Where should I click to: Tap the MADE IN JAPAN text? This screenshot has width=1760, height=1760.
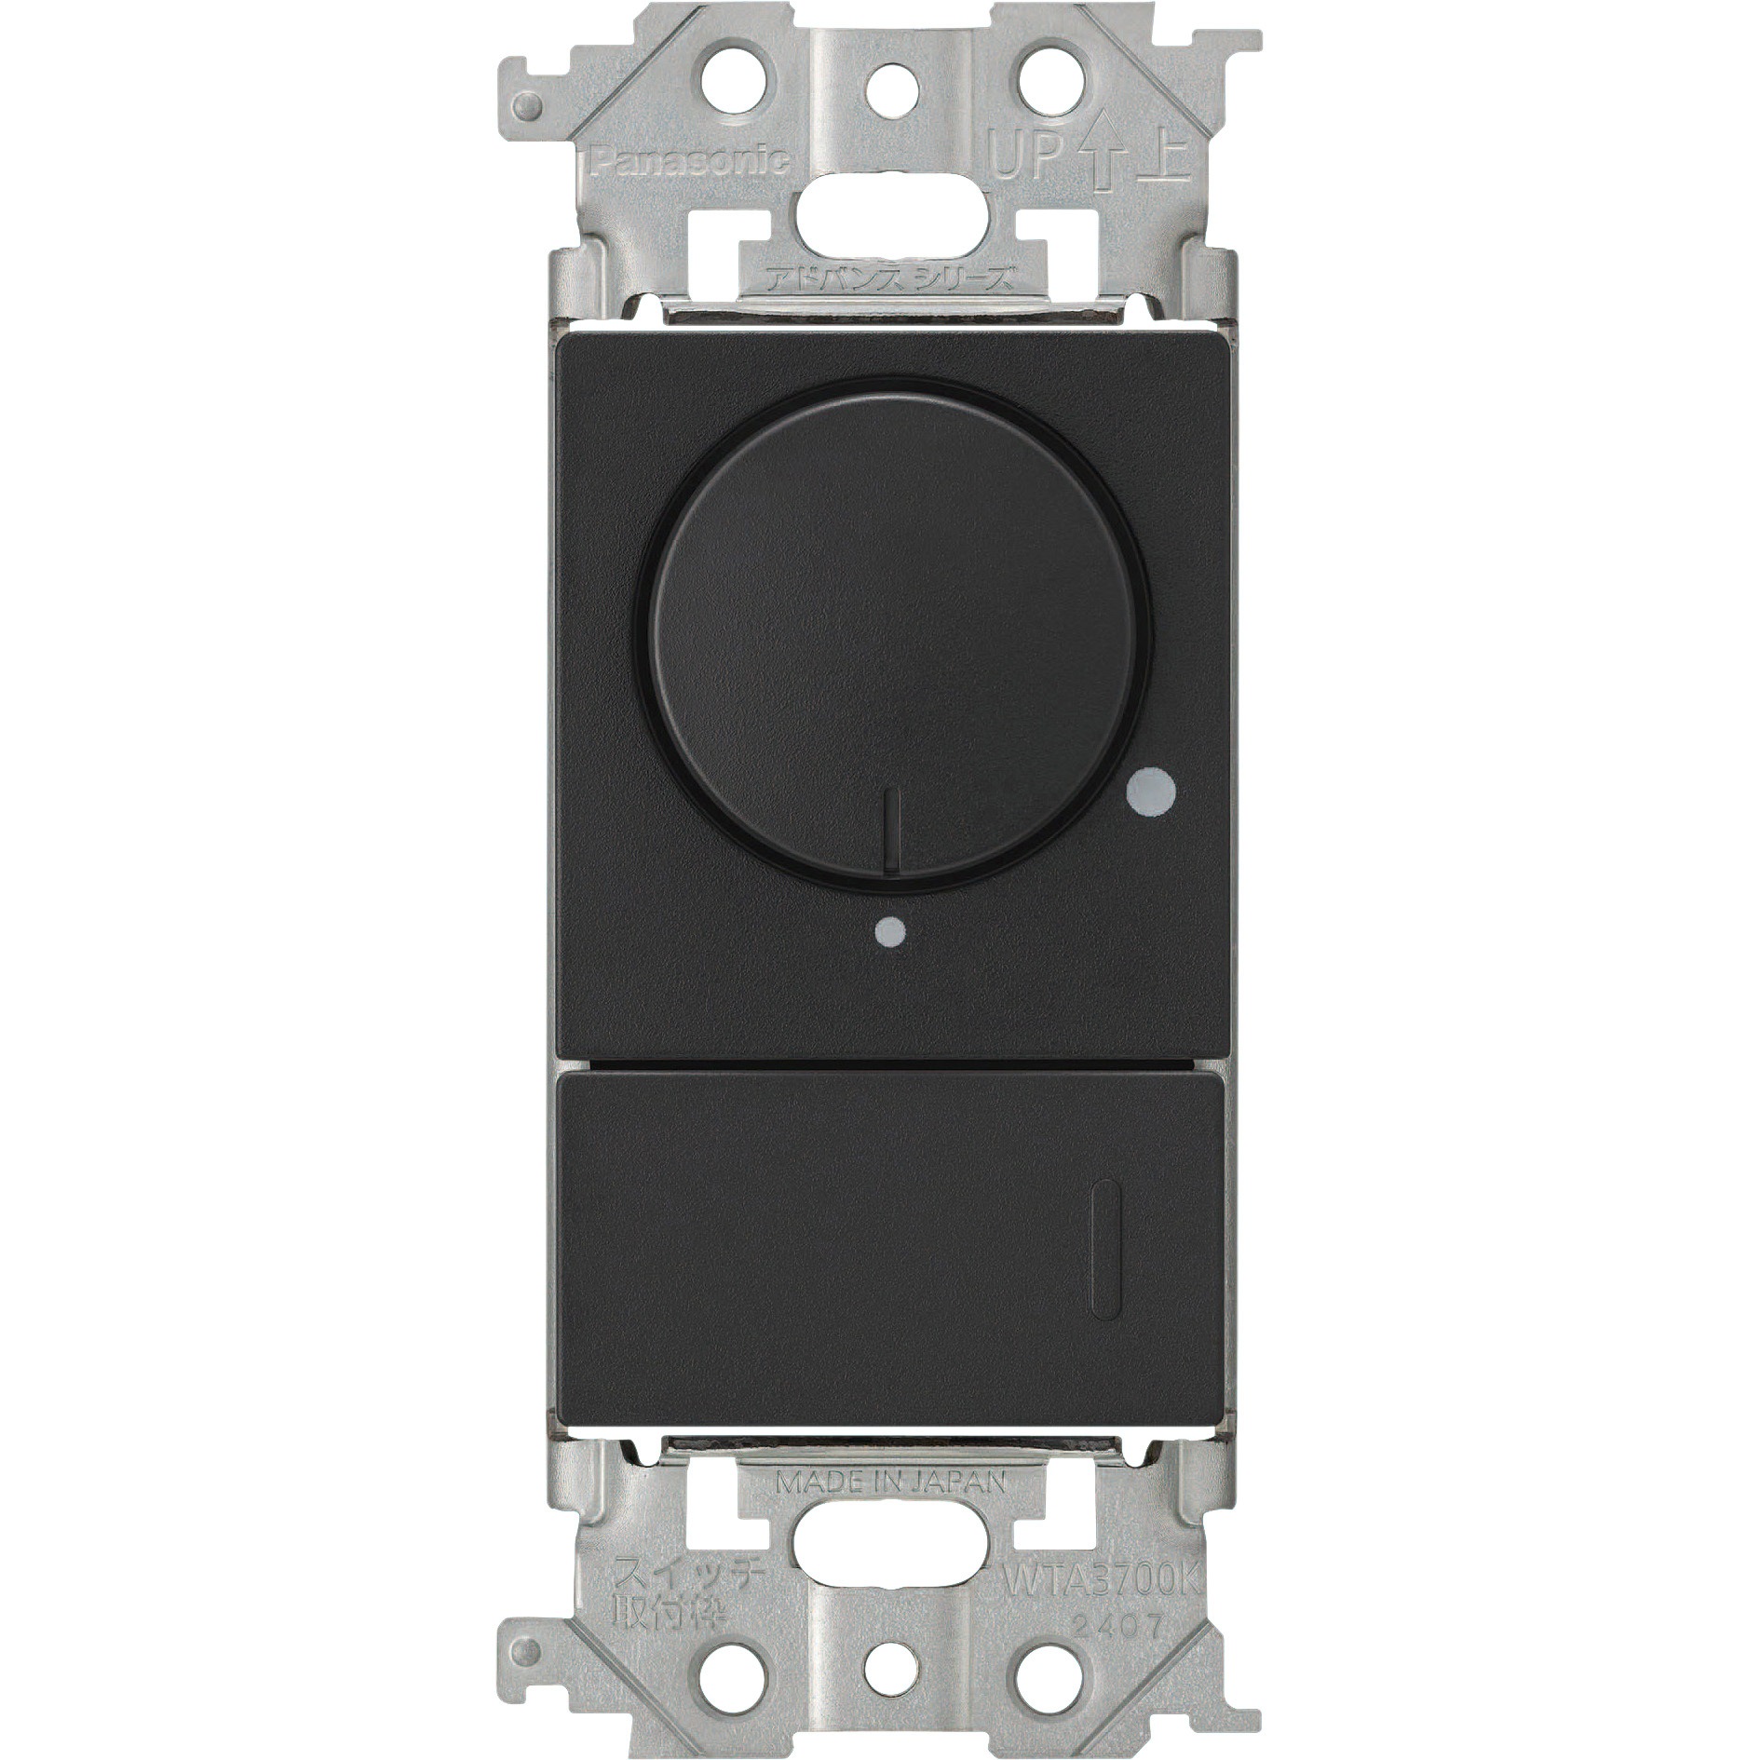[x=890, y=1483]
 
